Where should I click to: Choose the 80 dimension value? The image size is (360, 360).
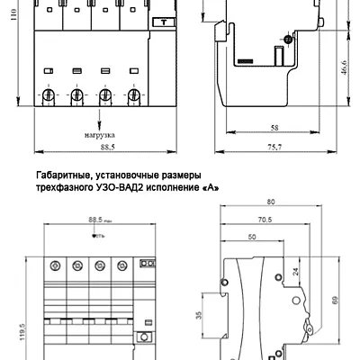coord(271,202)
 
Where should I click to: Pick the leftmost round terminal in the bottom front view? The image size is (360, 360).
coord(54,265)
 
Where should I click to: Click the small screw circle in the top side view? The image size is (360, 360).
coord(287,39)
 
